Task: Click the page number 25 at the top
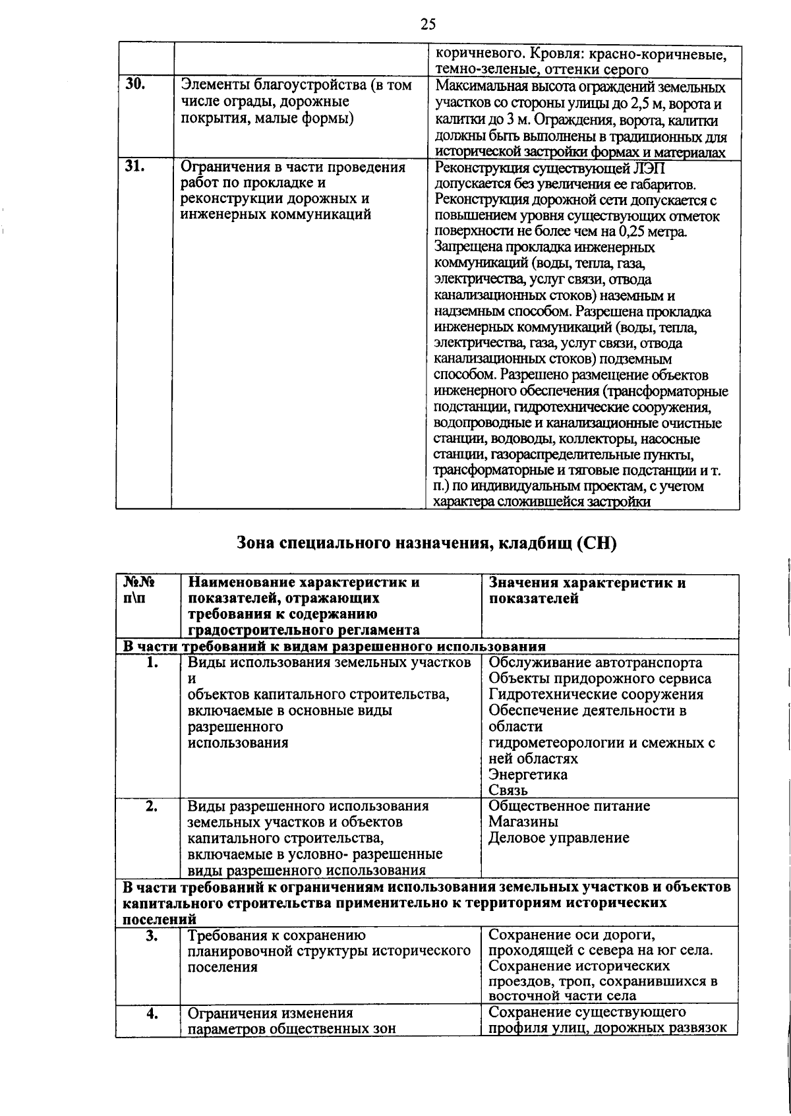(428, 25)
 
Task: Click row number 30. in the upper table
(134, 85)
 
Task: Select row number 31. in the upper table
(134, 167)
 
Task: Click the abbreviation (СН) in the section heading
(596, 544)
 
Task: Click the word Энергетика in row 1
(527, 775)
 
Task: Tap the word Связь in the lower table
(508, 790)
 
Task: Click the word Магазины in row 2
(523, 822)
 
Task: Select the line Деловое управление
(558, 838)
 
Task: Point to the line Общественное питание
(569, 806)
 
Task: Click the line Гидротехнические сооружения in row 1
(596, 694)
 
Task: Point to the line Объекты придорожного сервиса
(600, 678)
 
